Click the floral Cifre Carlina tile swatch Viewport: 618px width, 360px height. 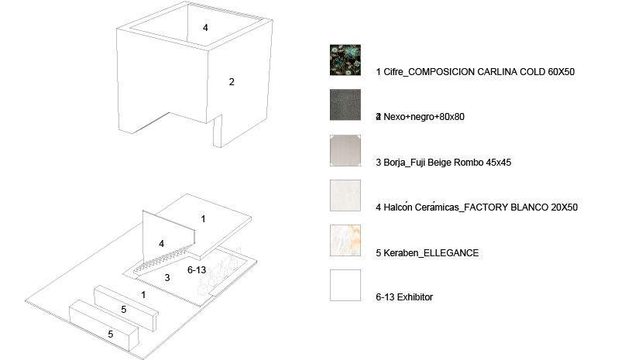345,60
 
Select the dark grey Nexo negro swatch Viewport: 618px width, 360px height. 345,105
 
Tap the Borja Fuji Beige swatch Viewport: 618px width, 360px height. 345,150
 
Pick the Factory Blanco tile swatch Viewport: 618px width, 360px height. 345,195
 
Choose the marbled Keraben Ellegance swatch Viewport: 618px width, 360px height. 345,241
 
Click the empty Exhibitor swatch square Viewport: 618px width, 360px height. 345,286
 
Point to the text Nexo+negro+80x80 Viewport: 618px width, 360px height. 424,117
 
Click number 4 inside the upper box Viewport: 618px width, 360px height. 205,28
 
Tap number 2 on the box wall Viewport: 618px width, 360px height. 232,82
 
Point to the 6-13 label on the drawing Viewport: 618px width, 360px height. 197,270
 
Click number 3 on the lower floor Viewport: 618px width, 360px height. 167,278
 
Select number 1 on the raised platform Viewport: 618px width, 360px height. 203,219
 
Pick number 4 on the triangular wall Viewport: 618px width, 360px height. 161,244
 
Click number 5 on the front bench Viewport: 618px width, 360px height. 110,334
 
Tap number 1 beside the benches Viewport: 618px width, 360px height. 143,295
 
